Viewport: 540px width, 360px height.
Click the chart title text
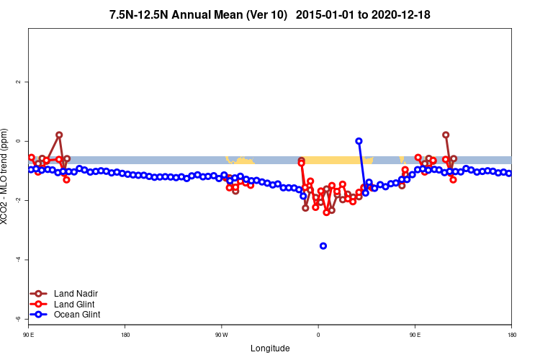[x=269, y=14]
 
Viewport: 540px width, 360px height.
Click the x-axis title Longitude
[x=270, y=348]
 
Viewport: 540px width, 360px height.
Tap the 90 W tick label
[x=221, y=335]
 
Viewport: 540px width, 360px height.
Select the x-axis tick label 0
[x=318, y=335]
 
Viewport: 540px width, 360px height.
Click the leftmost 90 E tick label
[x=28, y=335]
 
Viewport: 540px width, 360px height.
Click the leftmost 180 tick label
[x=125, y=335]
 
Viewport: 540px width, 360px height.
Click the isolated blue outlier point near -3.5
[x=323, y=246]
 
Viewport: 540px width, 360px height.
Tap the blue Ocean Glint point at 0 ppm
[x=359, y=141]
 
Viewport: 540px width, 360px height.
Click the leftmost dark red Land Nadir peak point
[x=59, y=135]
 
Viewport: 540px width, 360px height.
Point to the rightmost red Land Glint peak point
[x=446, y=135]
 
